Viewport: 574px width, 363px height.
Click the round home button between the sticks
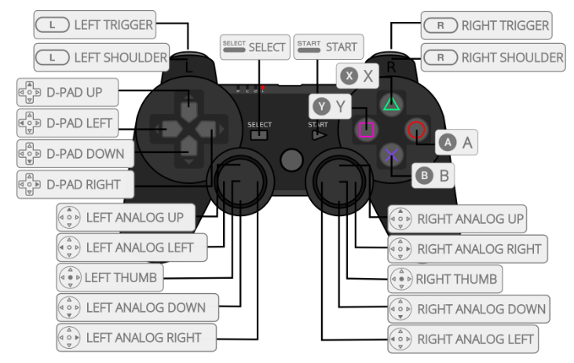tap(291, 159)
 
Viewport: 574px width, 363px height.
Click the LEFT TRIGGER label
tap(94, 25)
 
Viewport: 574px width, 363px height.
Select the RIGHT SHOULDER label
tap(492, 57)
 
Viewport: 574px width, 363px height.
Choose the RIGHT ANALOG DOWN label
tap(469, 307)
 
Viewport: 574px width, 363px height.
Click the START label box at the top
tap(326, 47)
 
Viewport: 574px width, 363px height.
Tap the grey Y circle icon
tap(320, 108)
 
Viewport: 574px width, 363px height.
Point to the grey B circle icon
tap(425, 175)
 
